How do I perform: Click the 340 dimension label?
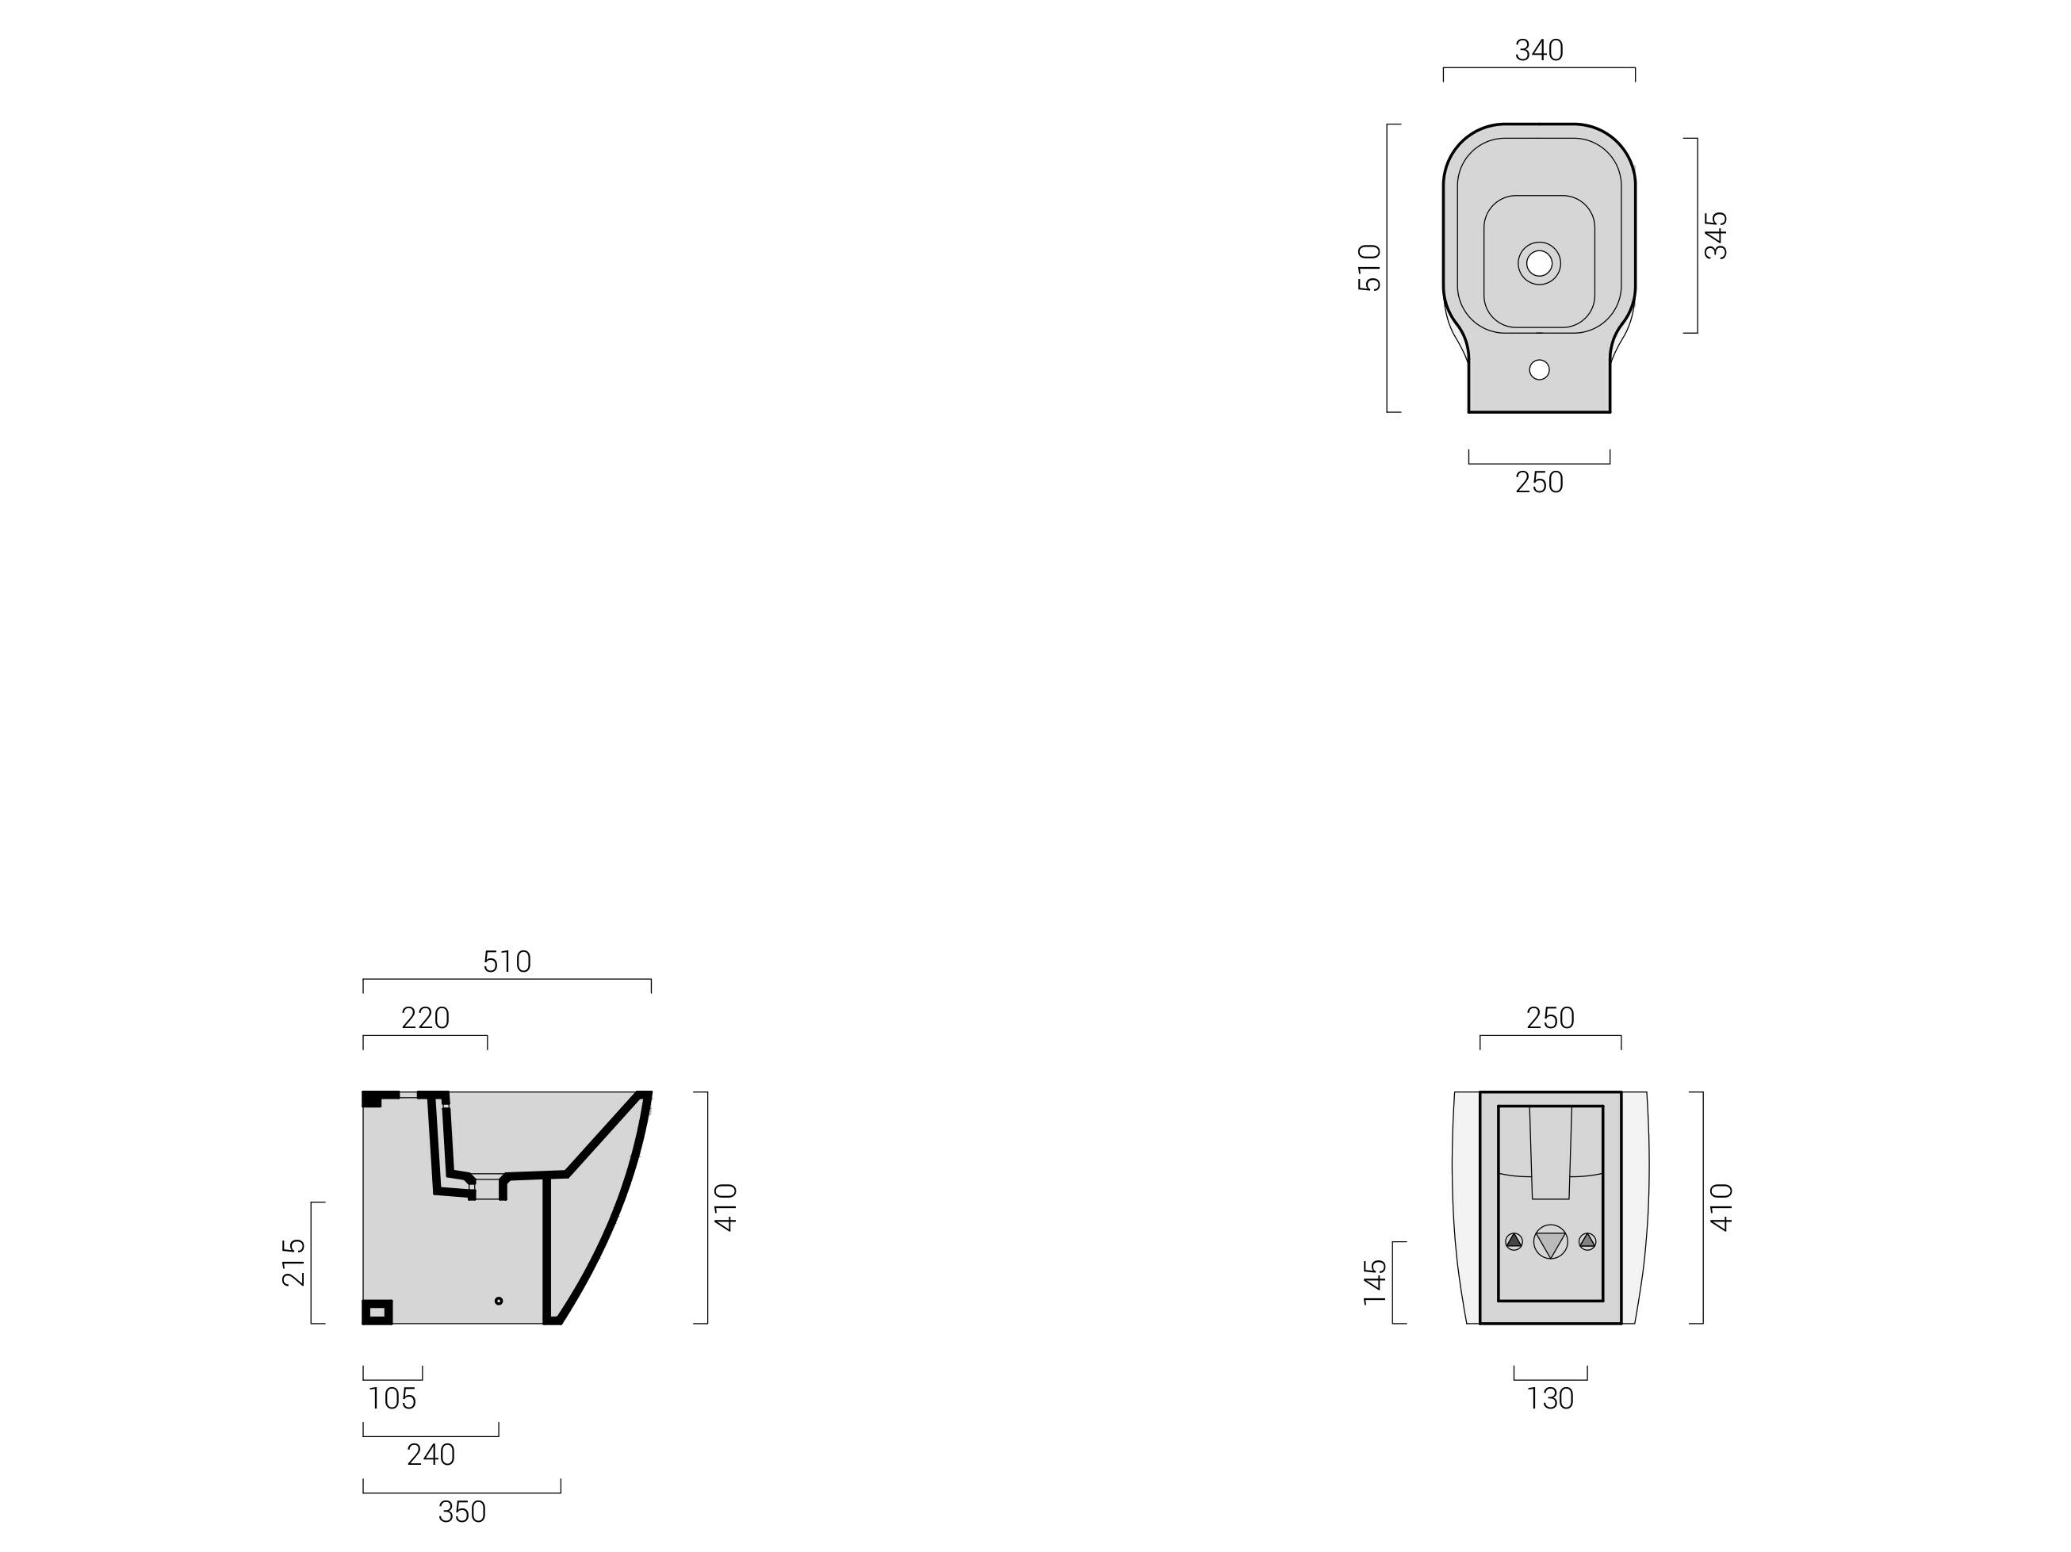tap(1538, 51)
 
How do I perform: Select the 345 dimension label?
tap(1715, 235)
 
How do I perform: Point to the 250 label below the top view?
tap(1538, 483)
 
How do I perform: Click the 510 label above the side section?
tap(507, 962)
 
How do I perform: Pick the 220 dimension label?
tap(425, 1019)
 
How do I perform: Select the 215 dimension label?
tap(294, 1262)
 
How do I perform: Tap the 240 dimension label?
tap(431, 1455)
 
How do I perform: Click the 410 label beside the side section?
tap(726, 1207)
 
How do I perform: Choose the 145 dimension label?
tap(1374, 1283)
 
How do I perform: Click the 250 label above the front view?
tap(1549, 1019)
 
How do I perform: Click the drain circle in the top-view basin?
tap(1538, 263)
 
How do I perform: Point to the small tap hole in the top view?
tap(1538, 369)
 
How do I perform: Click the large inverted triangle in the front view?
tap(1549, 1243)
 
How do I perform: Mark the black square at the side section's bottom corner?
tap(377, 1313)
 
